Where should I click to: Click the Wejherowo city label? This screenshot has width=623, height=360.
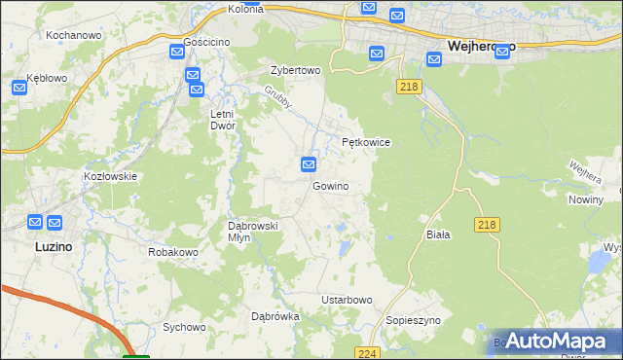pos(482,45)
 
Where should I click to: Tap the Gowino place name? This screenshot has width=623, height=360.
pos(331,185)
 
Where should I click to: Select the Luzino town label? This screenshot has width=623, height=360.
pos(39,247)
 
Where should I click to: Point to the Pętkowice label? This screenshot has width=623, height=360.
pos(366,142)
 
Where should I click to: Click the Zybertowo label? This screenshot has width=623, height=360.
pos(295,71)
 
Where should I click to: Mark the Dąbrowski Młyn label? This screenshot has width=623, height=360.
pos(252,232)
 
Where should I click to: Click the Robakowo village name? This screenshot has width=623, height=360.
pos(173,252)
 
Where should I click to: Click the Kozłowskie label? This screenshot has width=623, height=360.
pos(111,176)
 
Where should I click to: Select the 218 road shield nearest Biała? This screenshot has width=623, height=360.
pos(488,225)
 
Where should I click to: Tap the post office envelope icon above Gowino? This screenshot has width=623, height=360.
pos(309,164)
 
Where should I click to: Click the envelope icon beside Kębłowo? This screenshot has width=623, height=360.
pos(21,88)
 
